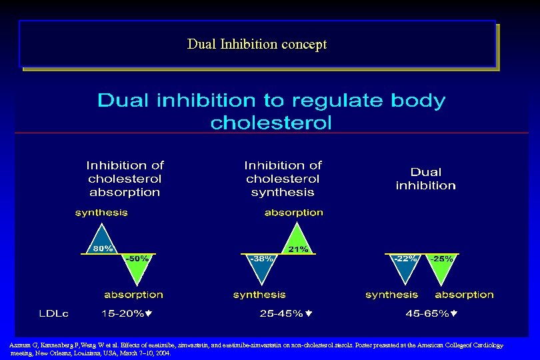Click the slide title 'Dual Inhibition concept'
click(x=257, y=45)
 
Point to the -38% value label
click(x=261, y=258)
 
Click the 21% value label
click(x=297, y=249)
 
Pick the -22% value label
click(x=405, y=258)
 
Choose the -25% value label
click(x=441, y=258)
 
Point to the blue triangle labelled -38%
click(x=261, y=270)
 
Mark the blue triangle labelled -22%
click(x=404, y=270)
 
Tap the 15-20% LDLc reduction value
click(x=126, y=312)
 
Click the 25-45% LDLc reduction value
click(x=285, y=312)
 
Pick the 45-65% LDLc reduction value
click(x=431, y=312)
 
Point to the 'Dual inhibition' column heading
click(x=425, y=179)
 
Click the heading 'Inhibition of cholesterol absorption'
click(x=125, y=178)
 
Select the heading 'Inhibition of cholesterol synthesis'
click(x=283, y=178)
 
